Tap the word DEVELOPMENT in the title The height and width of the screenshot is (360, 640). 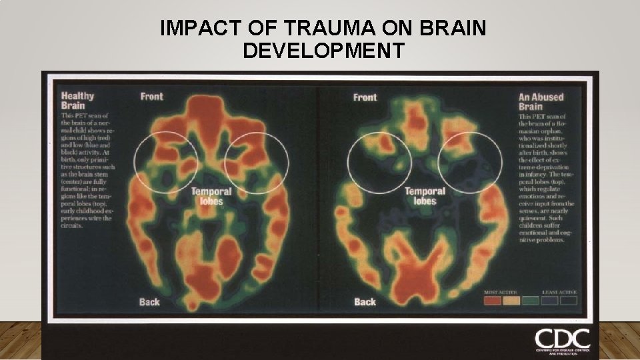323,50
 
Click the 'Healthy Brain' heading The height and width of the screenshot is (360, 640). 77,100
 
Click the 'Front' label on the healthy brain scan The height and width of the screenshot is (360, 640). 152,96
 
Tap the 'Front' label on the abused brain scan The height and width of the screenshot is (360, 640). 365,97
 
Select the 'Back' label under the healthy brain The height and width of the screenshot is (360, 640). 149,302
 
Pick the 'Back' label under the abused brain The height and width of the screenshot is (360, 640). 365,302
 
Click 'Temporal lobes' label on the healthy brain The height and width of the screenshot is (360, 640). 211,196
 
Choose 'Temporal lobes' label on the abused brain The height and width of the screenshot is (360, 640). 425,196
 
